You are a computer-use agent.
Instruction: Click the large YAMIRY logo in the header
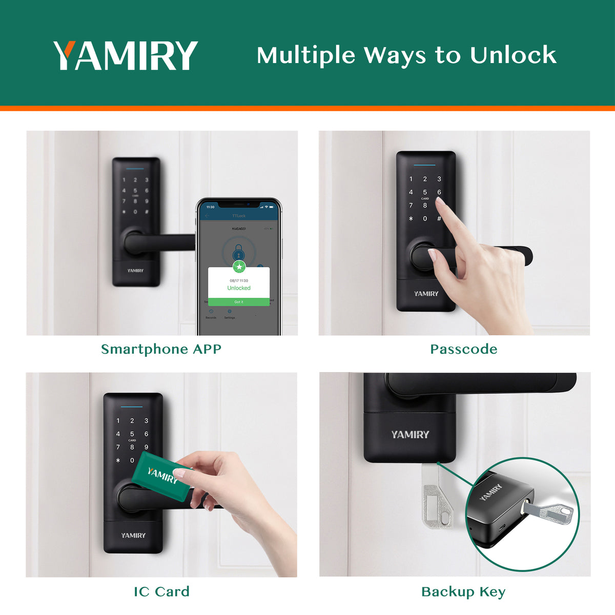126,55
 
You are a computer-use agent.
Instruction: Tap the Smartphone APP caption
161,349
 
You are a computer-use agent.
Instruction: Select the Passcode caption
463,349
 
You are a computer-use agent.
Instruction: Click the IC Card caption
161,591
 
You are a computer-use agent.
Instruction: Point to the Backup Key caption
463,591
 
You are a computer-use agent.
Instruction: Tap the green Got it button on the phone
239,302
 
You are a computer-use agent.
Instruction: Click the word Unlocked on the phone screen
239,288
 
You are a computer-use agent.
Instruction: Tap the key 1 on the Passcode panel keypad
411,179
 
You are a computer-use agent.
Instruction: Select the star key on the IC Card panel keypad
118,460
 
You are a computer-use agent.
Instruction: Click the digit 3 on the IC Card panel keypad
146,421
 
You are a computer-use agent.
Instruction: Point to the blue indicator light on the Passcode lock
424,165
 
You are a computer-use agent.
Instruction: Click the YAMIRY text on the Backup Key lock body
410,435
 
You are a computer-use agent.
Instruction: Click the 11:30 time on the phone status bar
210,207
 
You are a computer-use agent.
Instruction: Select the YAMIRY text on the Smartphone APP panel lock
135,271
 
